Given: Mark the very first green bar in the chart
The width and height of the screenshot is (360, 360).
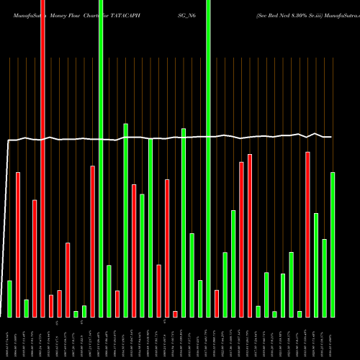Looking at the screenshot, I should (10, 299).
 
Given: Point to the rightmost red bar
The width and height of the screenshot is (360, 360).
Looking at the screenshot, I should (307, 234).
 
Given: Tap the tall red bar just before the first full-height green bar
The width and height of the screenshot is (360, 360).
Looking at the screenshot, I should (92, 241).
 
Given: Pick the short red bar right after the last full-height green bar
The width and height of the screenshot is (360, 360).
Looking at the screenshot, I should (216, 303).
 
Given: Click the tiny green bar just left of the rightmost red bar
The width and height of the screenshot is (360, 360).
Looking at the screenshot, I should (300, 314).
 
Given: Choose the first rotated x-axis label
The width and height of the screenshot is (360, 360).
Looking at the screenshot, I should (10, 338).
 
